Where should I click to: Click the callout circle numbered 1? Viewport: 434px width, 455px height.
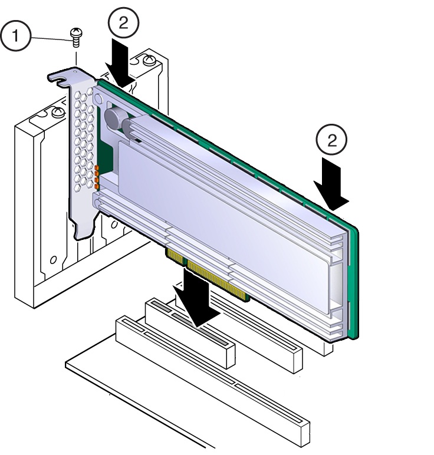pyautogui.click(x=15, y=36)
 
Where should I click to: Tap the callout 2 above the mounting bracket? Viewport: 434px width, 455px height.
pyautogui.click(x=123, y=22)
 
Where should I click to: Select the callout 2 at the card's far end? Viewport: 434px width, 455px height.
pyautogui.click(x=331, y=140)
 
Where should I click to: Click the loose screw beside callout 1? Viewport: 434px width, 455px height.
pyautogui.click(x=76, y=37)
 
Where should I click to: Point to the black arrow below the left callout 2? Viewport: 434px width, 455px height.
pyautogui.click(x=120, y=63)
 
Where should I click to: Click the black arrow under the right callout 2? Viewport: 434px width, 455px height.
pyautogui.click(x=331, y=184)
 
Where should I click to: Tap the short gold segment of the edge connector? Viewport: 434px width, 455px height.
pyautogui.click(x=175, y=256)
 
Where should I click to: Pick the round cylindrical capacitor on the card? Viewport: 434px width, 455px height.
pyautogui.click(x=114, y=118)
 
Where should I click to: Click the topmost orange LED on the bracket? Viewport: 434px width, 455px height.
pyautogui.click(x=97, y=169)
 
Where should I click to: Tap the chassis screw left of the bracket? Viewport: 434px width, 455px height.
pyautogui.click(x=58, y=112)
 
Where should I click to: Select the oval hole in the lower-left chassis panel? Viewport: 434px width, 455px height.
pyautogui.click(x=53, y=259)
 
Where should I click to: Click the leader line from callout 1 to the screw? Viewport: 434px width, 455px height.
pyautogui.click(x=51, y=38)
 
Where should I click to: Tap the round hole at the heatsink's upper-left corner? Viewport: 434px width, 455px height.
pyautogui.click(x=98, y=100)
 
